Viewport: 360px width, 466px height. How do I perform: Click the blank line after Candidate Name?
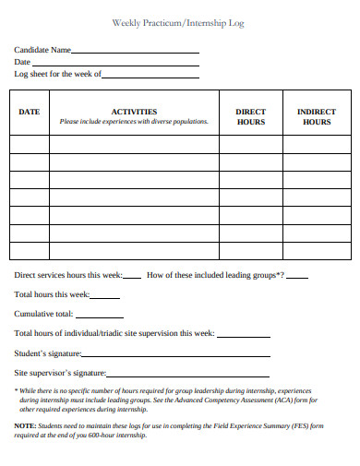tap(135, 53)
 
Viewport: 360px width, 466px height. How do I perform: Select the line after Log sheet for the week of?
tap(150, 76)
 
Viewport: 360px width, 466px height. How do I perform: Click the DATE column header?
tap(30, 112)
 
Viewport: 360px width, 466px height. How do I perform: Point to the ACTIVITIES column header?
tap(134, 111)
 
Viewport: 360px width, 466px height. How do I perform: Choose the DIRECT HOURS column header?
tap(250, 116)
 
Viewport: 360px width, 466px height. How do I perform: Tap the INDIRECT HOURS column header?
tap(317, 116)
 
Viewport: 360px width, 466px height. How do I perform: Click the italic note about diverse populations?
tap(134, 122)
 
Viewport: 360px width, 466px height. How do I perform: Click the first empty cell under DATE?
tap(30, 144)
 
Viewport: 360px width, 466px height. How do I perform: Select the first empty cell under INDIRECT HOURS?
tap(317, 144)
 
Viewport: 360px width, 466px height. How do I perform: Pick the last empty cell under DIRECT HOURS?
tap(250, 250)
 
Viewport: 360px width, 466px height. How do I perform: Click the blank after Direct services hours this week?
tap(132, 277)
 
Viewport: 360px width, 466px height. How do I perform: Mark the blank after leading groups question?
tap(298, 277)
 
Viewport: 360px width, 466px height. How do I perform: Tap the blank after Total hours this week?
tap(105, 297)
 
